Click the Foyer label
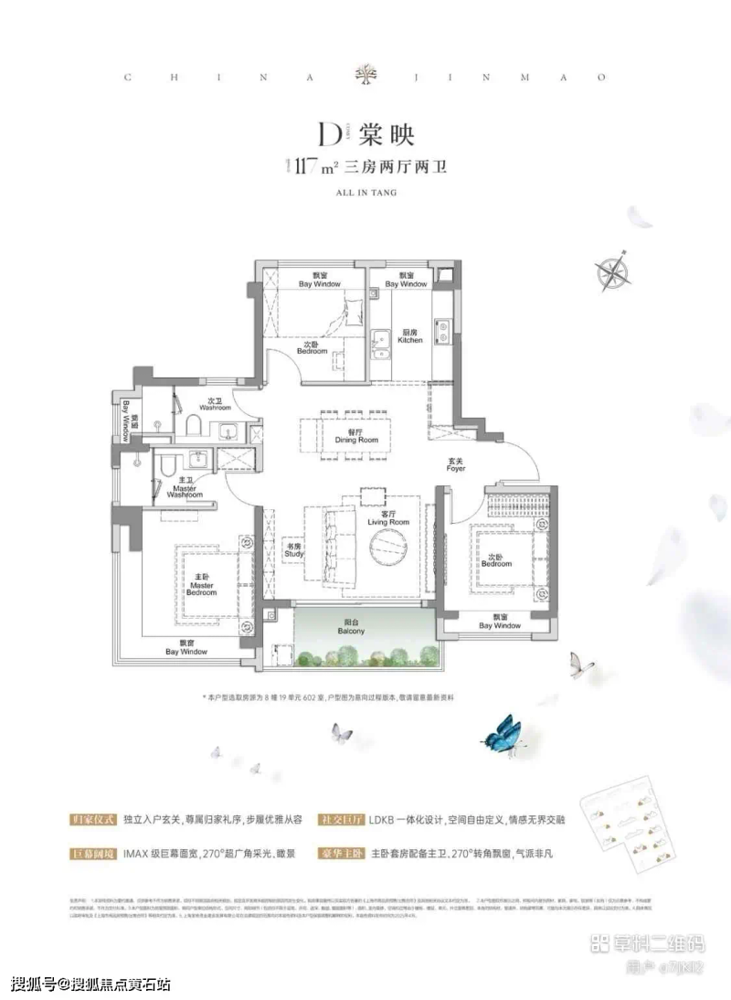pyautogui.click(x=456, y=465)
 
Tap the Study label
pyautogui.click(x=293, y=550)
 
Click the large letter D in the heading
pyautogui.click(x=327, y=134)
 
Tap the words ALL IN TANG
pyautogui.click(x=365, y=194)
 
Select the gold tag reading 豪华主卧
pyautogui.click(x=340, y=854)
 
